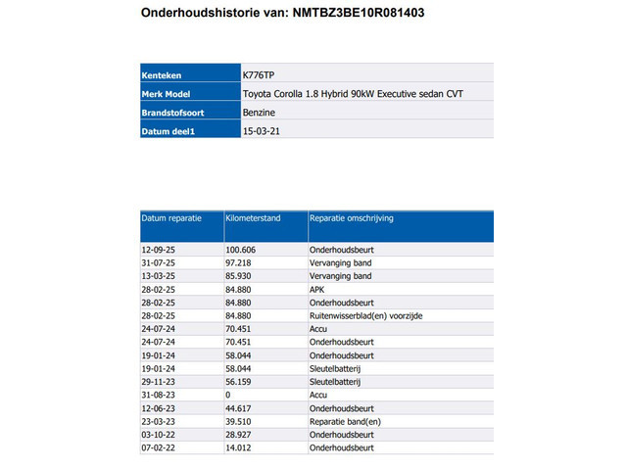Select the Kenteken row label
pyautogui.click(x=163, y=75)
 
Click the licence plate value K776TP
pyautogui.click(x=260, y=75)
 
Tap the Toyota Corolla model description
pyautogui.click(x=352, y=94)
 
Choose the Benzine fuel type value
pyautogui.click(x=259, y=113)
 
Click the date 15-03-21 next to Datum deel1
pyautogui.click(x=260, y=131)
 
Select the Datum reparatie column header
pyautogui.click(x=172, y=218)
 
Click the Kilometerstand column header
pyautogui.click(x=253, y=218)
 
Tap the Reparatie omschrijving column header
pyautogui.click(x=351, y=218)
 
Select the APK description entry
pyautogui.click(x=317, y=290)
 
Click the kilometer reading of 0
pyautogui.click(x=228, y=395)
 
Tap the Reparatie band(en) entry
pyautogui.click(x=344, y=421)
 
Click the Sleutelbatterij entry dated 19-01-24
pyautogui.click(x=336, y=368)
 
